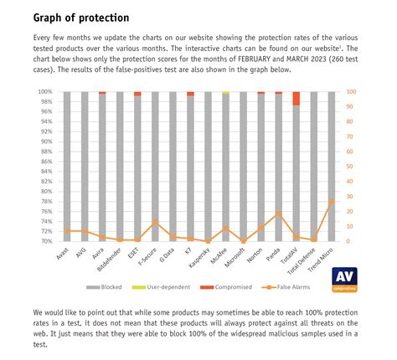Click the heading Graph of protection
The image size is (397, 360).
click(x=81, y=18)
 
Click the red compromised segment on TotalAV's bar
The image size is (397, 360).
click(x=296, y=99)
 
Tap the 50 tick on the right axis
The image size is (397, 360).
click(x=350, y=167)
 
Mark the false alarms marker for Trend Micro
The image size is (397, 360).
click(x=332, y=201)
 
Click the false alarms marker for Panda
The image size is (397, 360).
click(x=279, y=213)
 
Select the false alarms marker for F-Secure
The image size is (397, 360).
click(x=155, y=223)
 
